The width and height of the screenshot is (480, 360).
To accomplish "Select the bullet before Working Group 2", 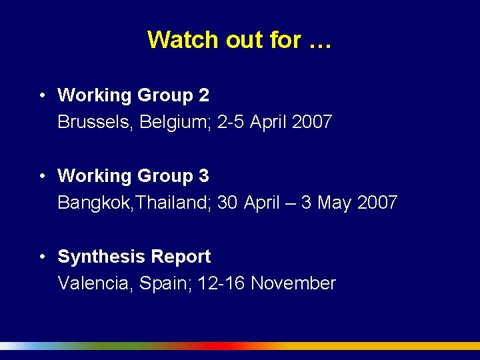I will [x=41, y=95].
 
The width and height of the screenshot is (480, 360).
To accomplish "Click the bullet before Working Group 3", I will [x=41, y=176].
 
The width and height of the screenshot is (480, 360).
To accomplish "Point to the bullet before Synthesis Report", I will [x=41, y=257].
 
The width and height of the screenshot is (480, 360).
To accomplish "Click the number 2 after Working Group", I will [x=204, y=95].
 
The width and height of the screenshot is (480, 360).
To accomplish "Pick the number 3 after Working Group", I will [x=204, y=176].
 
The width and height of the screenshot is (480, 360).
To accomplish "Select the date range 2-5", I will [x=231, y=123].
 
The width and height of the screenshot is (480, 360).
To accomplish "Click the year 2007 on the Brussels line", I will [x=311, y=123].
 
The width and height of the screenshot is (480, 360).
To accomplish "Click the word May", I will [x=335, y=203].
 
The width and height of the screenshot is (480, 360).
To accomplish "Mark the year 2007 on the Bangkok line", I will [x=377, y=203].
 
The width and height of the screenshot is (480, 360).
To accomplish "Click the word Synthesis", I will [x=102, y=257].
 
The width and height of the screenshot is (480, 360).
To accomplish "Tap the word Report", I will [x=181, y=257].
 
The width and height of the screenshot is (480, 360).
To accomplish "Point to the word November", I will [x=293, y=283].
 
